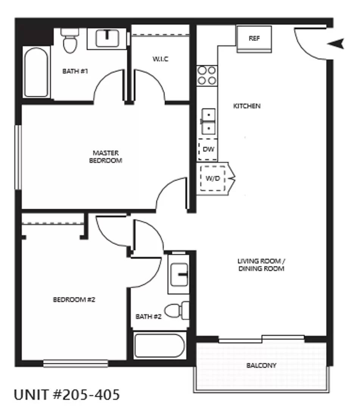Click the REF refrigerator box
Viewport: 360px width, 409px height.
pyautogui.click(x=254, y=39)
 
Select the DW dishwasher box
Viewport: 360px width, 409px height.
pyautogui.click(x=208, y=149)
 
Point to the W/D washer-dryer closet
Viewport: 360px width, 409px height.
pyautogui.click(x=213, y=178)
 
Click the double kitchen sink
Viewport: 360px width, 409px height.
pyautogui.click(x=208, y=121)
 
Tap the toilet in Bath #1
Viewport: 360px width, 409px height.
pyautogui.click(x=70, y=41)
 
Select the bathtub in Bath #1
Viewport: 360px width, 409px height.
pyautogui.click(x=36, y=72)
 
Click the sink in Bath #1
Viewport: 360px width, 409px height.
pyautogui.click(x=107, y=39)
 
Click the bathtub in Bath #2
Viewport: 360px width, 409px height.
pyautogui.click(x=159, y=345)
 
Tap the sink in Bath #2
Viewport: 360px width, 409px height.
pyautogui.click(x=179, y=275)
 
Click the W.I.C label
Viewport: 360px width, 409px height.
pyautogui.click(x=161, y=59)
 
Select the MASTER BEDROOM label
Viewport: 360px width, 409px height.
pyautogui.click(x=106, y=156)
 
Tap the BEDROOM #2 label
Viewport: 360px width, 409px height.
pyautogui.click(x=74, y=300)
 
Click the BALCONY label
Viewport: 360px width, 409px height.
pyautogui.click(x=261, y=365)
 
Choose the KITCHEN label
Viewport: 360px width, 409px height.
pyautogui.click(x=246, y=106)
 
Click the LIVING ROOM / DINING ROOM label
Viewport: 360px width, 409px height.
pyautogui.click(x=261, y=265)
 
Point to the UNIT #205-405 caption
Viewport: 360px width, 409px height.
pyautogui.click(x=67, y=394)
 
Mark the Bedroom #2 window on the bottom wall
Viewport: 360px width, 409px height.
pyautogui.click(x=76, y=363)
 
